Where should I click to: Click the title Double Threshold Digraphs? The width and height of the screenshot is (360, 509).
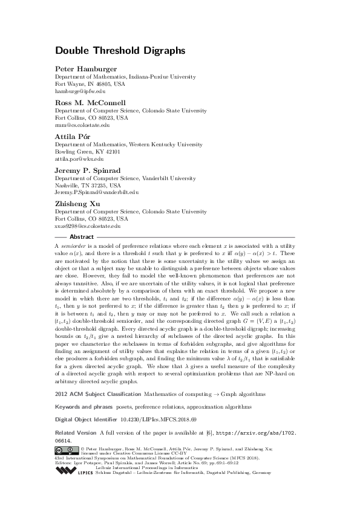pos(112,51)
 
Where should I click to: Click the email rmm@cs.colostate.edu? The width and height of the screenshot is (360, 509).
pos(83,125)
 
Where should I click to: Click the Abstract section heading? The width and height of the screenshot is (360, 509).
pos(82,237)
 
